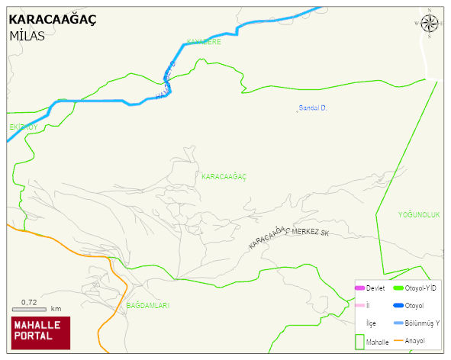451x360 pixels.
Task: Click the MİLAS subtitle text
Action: [27, 36]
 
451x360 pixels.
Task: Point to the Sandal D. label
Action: [312, 108]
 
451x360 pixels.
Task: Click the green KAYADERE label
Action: [204, 42]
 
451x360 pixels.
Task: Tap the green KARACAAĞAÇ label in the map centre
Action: [224, 176]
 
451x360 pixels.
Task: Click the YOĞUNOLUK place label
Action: [419, 215]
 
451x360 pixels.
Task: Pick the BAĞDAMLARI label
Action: [147, 305]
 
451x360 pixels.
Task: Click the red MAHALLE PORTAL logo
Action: [40, 333]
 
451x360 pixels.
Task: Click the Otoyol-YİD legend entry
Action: [420, 288]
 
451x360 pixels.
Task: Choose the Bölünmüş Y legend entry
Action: [420, 323]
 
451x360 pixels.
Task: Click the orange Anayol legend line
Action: [398, 340]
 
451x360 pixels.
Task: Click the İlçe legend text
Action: [371, 323]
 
